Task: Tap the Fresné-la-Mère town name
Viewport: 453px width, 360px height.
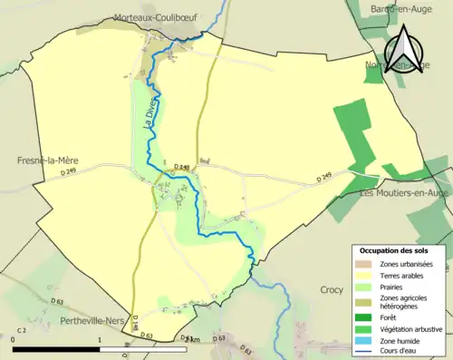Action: (48, 160)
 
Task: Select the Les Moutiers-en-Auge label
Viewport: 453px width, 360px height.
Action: (405, 193)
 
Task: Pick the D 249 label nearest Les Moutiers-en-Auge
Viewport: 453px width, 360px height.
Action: (325, 179)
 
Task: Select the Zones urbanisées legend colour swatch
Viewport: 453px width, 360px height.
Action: (367, 263)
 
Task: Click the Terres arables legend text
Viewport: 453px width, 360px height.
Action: (403, 275)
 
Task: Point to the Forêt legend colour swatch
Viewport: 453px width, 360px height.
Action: (367, 316)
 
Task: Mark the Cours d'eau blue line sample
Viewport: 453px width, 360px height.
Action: (367, 350)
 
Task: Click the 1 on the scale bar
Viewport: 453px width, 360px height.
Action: (99, 338)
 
